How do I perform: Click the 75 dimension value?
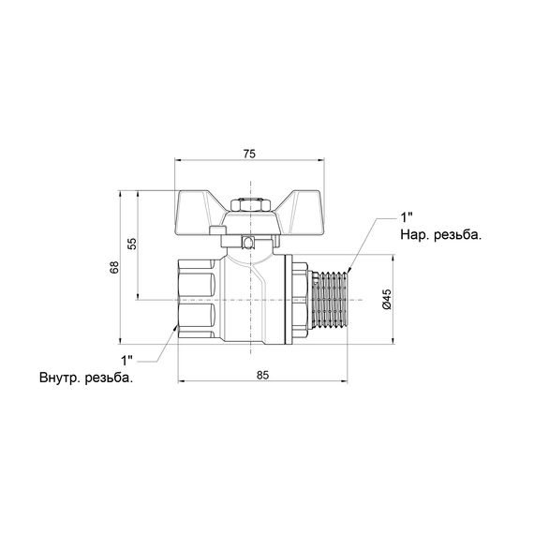click(x=249, y=154)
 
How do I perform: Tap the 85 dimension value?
click(x=262, y=376)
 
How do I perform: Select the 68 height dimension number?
click(x=114, y=267)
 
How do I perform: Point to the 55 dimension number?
click(x=132, y=244)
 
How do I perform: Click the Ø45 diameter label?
click(x=387, y=299)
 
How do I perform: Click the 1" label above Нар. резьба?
click(x=406, y=217)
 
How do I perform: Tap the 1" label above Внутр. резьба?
click(x=127, y=361)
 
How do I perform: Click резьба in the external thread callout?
click(x=458, y=234)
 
